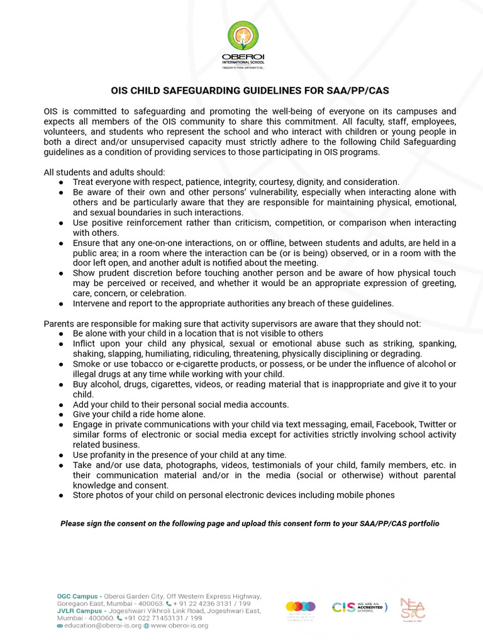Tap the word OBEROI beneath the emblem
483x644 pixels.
click(x=242, y=58)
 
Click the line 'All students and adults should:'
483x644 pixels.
click(x=104, y=172)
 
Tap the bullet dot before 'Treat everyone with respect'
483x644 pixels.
click(x=60, y=182)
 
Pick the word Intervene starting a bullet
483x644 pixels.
click(x=93, y=303)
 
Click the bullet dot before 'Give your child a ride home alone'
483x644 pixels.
click(x=60, y=414)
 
